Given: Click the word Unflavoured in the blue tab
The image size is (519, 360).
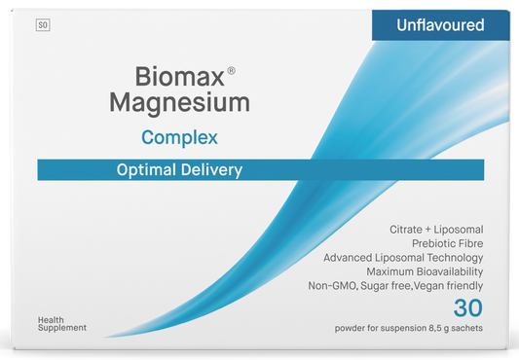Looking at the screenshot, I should click(x=441, y=25).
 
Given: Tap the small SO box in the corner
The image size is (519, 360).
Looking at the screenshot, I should click(x=43, y=25).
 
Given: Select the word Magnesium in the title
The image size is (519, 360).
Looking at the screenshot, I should click(x=193, y=102).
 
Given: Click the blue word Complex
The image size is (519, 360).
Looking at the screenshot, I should click(x=178, y=137).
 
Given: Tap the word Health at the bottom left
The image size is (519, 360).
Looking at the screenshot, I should click(x=51, y=320).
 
